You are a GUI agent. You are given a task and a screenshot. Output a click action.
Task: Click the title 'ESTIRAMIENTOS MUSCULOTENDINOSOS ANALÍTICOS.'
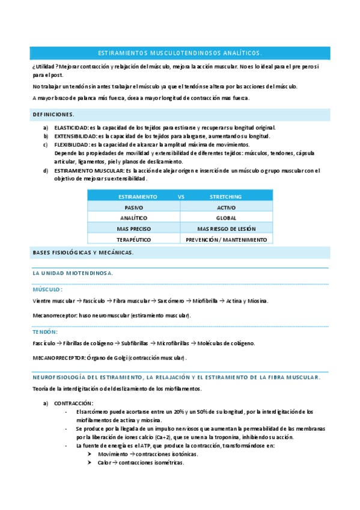180,53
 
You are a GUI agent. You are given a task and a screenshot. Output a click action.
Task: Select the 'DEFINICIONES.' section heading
53,114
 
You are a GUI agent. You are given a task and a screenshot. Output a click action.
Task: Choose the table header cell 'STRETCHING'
225,197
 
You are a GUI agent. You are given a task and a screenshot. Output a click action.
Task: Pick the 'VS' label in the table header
182,197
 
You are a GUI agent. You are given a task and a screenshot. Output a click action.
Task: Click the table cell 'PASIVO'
134,207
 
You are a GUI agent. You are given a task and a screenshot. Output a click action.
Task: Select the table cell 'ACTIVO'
226,207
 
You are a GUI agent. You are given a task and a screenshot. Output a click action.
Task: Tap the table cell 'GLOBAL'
226,218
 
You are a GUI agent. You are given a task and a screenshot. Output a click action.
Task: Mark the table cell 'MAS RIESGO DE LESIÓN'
226,229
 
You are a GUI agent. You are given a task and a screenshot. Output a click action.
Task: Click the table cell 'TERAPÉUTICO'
134,239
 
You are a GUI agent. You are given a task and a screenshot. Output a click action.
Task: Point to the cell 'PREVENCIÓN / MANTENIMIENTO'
226,239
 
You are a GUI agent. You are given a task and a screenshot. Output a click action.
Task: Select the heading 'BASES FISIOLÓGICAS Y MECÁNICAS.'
83,252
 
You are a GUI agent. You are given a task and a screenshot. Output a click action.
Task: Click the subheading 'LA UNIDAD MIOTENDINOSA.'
73,273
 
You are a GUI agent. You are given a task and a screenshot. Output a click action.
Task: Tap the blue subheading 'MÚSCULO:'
47,289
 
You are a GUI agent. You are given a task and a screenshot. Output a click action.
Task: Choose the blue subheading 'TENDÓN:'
45,331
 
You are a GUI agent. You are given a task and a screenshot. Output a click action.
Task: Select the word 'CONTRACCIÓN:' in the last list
74,403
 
